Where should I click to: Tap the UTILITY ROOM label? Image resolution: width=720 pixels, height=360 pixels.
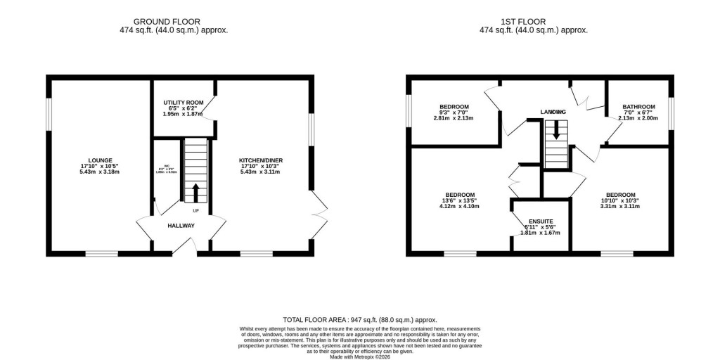coord(183,103)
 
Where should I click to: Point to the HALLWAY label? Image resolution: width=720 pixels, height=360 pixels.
coord(181,226)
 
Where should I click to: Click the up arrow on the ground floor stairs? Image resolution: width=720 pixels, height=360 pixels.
coord(195,192)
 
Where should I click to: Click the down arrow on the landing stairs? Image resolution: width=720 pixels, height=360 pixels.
coord(556,130)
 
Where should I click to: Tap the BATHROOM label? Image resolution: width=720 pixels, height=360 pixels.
coord(638,107)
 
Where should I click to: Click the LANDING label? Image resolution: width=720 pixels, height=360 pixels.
coord(553,112)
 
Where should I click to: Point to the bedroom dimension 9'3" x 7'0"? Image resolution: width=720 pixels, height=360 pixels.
coord(454,112)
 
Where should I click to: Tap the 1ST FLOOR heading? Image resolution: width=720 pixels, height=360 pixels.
coord(533,22)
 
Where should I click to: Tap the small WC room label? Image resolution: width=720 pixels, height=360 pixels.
coord(167,168)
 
